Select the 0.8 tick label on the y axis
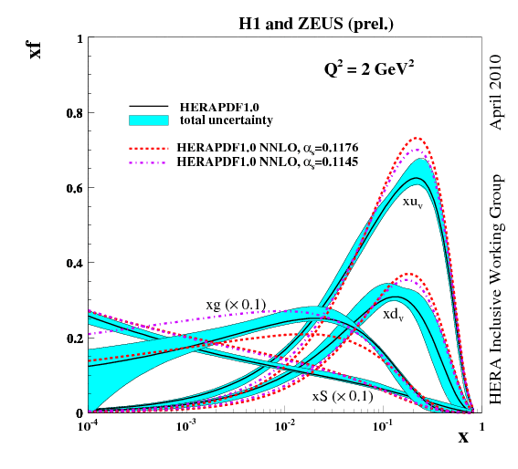click(x=72, y=113)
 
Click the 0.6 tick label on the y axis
click(x=72, y=188)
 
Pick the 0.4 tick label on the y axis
click(x=72, y=263)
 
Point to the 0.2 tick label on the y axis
click(x=72, y=338)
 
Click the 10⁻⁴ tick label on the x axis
click(x=89, y=425)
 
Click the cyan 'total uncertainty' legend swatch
click(x=151, y=120)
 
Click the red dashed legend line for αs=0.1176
click(x=151, y=146)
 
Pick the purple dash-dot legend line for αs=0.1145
click(x=151, y=161)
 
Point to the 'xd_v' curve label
click(x=394, y=314)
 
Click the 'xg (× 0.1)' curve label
click(x=234, y=304)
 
